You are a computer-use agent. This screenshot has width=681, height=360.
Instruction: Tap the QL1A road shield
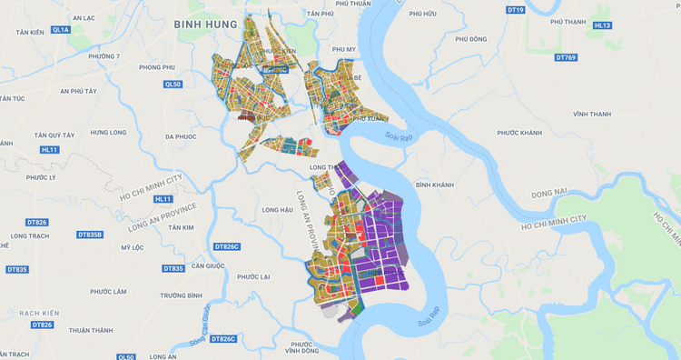tap(61, 30)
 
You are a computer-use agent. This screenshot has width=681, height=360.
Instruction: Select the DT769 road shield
tap(566, 57)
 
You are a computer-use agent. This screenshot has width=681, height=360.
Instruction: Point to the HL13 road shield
tap(602, 25)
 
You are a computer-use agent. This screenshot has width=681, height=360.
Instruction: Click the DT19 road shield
tap(516, 9)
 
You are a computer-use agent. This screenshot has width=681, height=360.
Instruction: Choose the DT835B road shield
tap(90, 235)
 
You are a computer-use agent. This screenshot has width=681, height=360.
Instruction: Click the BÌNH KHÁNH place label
tap(434, 185)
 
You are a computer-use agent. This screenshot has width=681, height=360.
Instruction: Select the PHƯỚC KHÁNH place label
tap(519, 133)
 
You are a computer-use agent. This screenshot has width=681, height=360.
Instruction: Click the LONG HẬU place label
tap(277, 210)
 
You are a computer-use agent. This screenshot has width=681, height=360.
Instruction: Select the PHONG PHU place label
tap(156, 67)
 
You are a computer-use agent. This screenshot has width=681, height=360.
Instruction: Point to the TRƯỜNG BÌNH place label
tap(181, 295)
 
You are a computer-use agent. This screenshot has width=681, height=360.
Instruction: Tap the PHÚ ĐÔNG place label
tap(471, 39)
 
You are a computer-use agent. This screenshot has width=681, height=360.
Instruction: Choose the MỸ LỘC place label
tap(133, 247)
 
